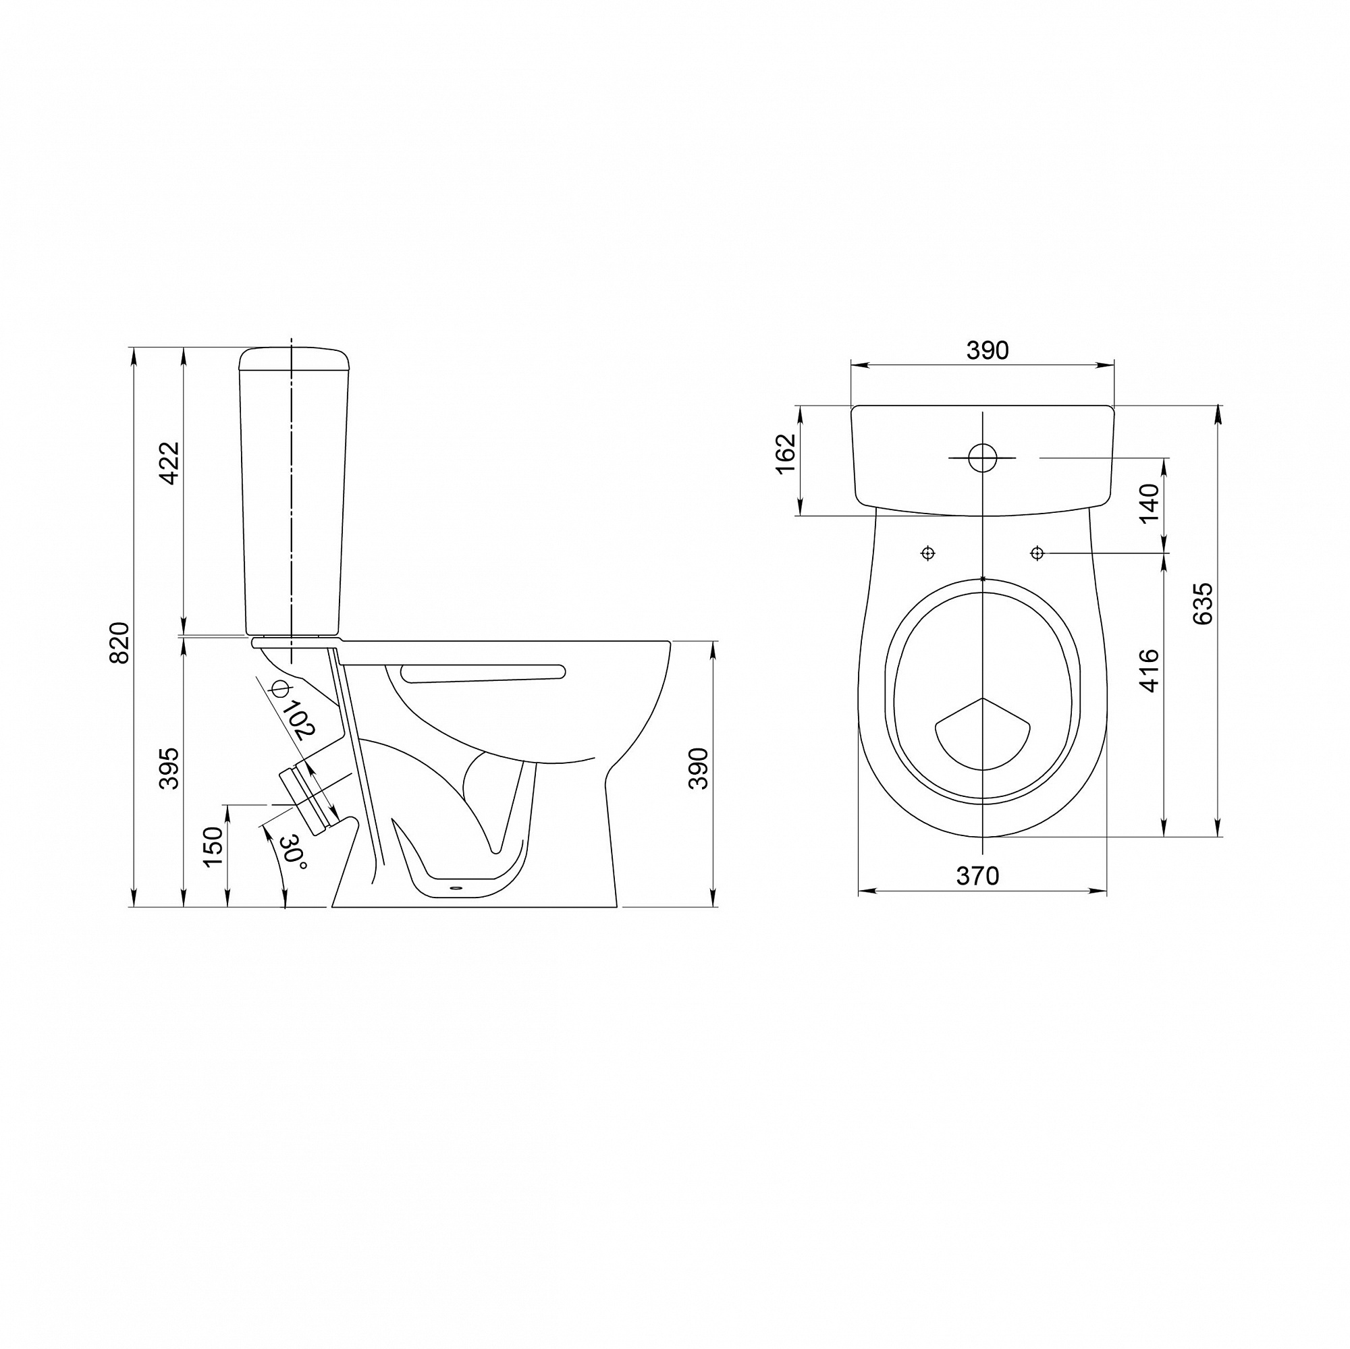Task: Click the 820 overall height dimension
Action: [x=120, y=642]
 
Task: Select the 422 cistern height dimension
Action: [x=170, y=463]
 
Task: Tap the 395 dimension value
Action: [x=169, y=769]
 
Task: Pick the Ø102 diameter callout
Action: [x=292, y=710]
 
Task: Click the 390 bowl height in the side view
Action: [x=699, y=769]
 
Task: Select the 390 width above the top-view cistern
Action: [x=988, y=351]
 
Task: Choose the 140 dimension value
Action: [x=1150, y=503]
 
